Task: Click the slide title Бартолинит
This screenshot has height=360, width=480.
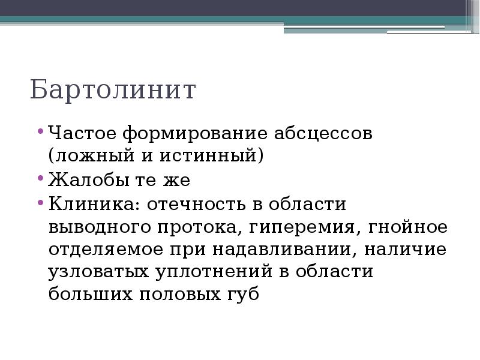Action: (113, 90)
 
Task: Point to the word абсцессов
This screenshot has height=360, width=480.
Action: (323, 133)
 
